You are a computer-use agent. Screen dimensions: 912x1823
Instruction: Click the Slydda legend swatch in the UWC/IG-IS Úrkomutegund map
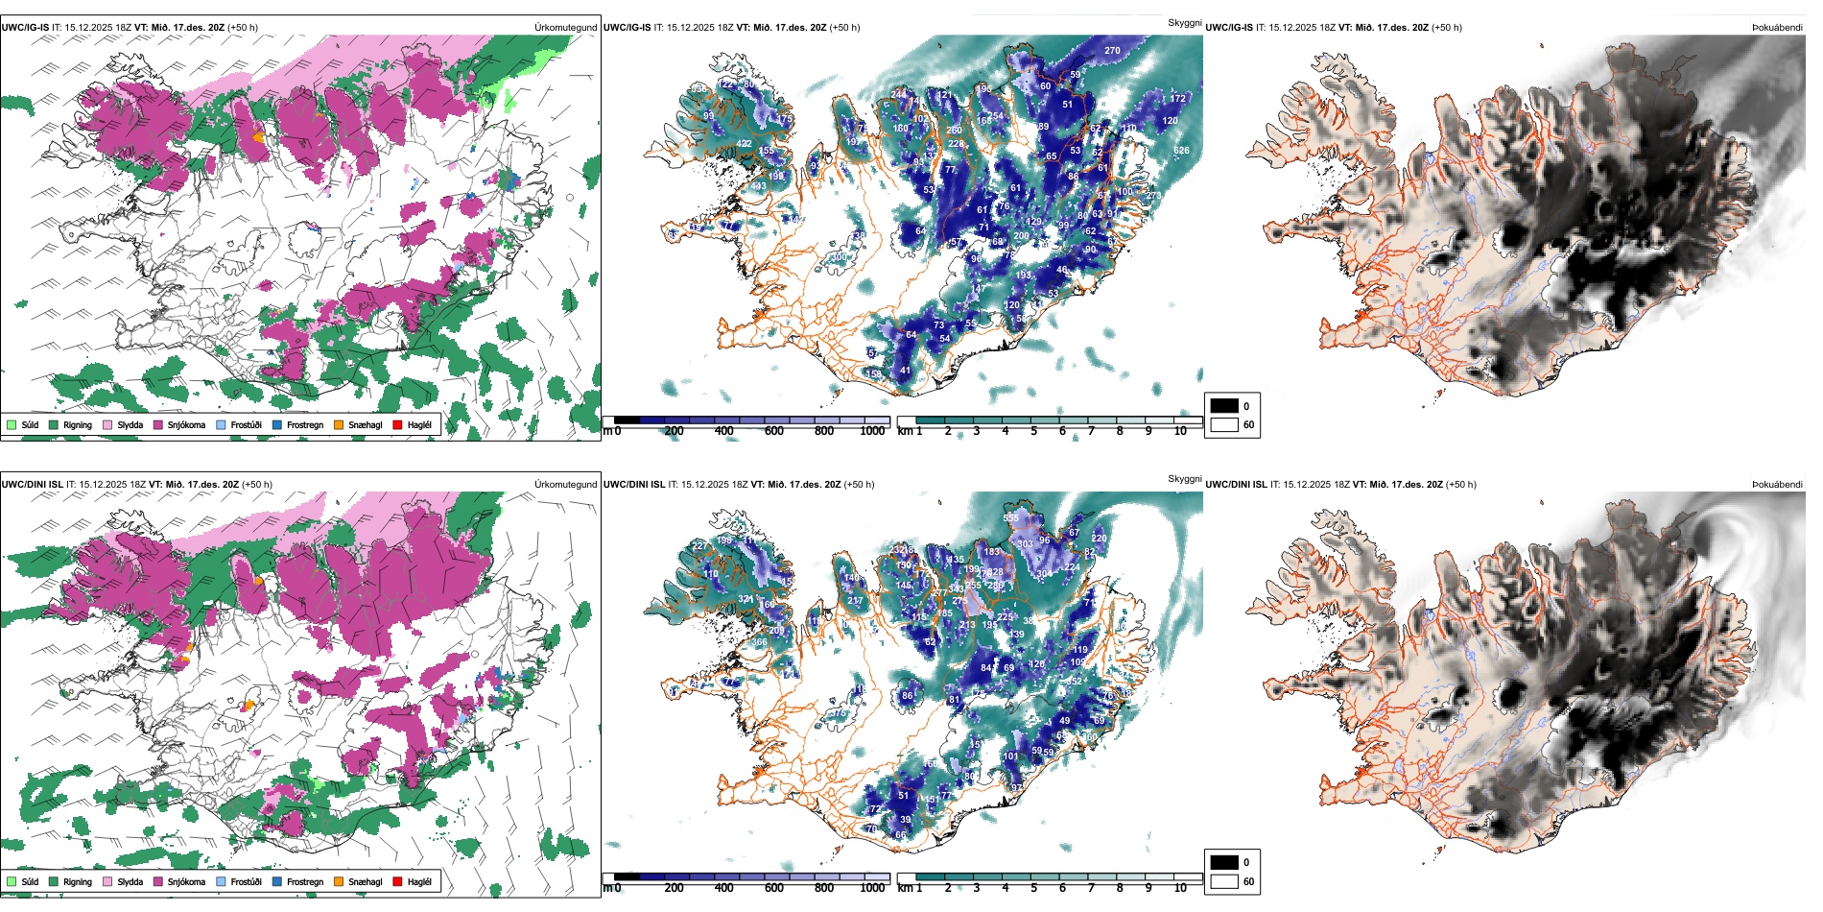pyautogui.click(x=107, y=424)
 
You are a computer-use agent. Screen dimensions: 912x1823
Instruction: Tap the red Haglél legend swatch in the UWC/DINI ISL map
pyautogui.click(x=397, y=881)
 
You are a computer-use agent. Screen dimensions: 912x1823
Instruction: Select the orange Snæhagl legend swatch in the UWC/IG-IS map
pyautogui.click(x=338, y=424)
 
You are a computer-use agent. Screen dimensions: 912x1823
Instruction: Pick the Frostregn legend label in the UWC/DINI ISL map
pyautogui.click(x=304, y=881)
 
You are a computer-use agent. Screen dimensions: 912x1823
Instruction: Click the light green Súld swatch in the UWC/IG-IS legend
pyautogui.click(x=12, y=424)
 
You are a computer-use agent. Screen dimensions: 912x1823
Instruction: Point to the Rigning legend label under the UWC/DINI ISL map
pyautogui.click(x=78, y=881)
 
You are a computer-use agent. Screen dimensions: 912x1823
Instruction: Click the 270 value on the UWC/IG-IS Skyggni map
pyautogui.click(x=1112, y=51)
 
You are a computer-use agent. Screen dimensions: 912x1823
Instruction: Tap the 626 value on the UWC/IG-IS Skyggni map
pyautogui.click(x=1181, y=151)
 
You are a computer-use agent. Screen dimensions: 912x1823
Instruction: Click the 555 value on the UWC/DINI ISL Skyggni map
pyautogui.click(x=1011, y=518)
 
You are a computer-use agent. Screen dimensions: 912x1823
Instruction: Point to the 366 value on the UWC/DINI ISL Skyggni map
pyautogui.click(x=759, y=642)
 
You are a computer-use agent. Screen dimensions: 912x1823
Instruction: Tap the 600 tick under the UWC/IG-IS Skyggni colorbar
pyautogui.click(x=774, y=431)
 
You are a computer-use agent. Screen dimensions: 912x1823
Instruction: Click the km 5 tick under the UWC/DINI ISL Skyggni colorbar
pyautogui.click(x=1034, y=888)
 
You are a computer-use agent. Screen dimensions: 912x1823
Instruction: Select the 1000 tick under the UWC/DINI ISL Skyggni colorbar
pyautogui.click(x=872, y=888)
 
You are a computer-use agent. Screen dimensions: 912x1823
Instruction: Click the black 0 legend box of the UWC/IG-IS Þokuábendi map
pyautogui.click(x=1224, y=406)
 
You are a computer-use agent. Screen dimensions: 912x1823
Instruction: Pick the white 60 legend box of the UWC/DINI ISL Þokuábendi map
pyautogui.click(x=1224, y=881)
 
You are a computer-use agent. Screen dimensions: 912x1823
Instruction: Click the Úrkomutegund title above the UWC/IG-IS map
pyautogui.click(x=565, y=28)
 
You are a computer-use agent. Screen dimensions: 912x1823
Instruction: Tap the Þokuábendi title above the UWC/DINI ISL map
pyautogui.click(x=1777, y=485)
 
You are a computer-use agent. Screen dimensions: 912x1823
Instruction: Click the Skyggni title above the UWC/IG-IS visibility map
pyautogui.click(x=1184, y=23)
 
